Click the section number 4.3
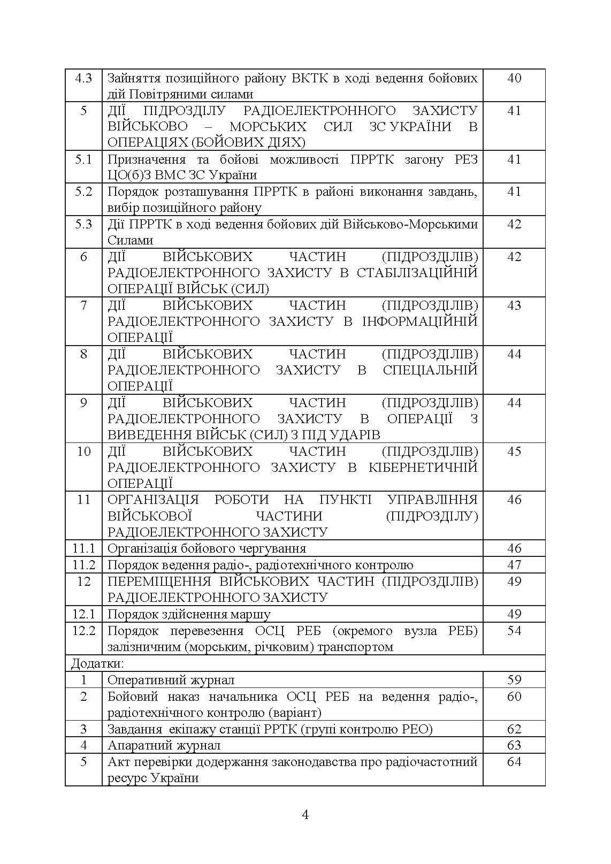[x=83, y=78]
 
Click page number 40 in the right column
[x=514, y=78]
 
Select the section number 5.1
[x=83, y=159]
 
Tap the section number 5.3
[x=83, y=224]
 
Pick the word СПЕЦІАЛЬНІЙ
[x=430, y=370]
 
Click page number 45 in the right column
[x=514, y=452]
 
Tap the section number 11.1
[x=83, y=548]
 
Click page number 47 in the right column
[x=514, y=565]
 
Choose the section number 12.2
[x=83, y=631]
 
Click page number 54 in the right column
[x=514, y=631]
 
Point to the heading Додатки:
[x=97, y=664]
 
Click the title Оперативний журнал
[x=171, y=681]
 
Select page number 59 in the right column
[x=514, y=681]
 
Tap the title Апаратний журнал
[x=164, y=745]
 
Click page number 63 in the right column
[x=514, y=745]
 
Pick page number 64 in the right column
[x=514, y=762]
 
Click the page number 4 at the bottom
[x=305, y=815]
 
